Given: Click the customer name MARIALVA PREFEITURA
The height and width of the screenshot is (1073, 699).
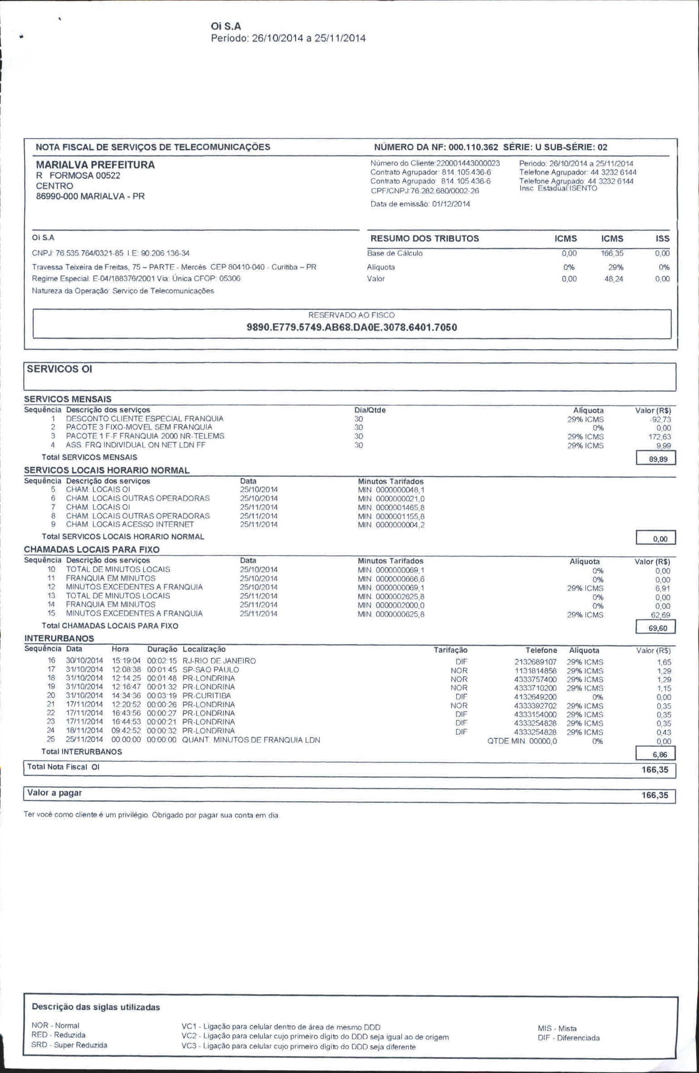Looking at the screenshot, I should [x=95, y=165].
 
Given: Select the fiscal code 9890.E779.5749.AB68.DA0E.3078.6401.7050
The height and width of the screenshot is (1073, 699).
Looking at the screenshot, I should [x=352, y=327].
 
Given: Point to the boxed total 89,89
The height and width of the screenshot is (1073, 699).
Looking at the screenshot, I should [x=658, y=459].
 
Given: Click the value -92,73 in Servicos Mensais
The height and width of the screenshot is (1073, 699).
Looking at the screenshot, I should [x=660, y=420].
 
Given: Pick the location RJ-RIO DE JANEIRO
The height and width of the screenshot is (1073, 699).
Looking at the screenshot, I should [x=219, y=661].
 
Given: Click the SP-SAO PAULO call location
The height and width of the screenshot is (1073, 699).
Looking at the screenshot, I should [x=211, y=670].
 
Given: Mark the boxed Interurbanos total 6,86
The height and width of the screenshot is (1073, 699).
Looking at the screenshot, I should [x=660, y=755].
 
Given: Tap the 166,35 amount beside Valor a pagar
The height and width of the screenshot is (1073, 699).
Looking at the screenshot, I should [x=655, y=795].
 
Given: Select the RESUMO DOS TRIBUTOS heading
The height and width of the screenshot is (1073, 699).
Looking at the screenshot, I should [x=424, y=239].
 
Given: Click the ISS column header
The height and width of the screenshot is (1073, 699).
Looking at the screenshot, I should [x=662, y=239].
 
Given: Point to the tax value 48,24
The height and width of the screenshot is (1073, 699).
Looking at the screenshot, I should [x=614, y=279].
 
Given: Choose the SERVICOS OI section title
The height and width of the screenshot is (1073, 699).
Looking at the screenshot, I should [x=59, y=369].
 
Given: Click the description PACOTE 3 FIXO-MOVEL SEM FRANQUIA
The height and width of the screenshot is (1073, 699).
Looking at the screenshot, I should [x=139, y=427].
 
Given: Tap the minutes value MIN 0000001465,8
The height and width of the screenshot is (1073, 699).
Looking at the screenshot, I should [x=391, y=507].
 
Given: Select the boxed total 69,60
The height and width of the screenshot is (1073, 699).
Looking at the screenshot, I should [x=658, y=628].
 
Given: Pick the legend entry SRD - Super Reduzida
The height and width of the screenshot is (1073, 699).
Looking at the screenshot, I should [x=69, y=1045].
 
